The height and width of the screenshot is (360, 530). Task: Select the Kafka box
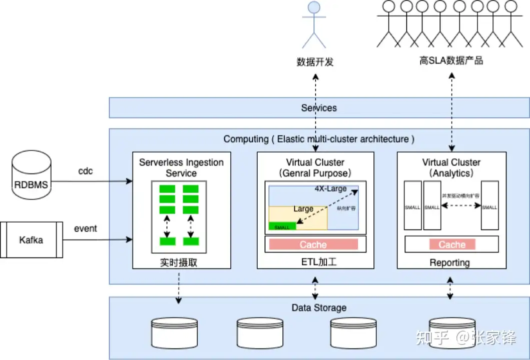tap(31, 240)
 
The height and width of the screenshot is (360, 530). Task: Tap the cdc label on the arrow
tap(86, 171)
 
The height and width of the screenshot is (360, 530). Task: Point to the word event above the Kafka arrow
tap(86, 228)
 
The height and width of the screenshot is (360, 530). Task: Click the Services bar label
tap(319, 108)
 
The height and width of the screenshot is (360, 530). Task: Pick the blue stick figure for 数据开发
tap(313, 25)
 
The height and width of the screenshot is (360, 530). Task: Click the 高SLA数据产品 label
tap(451, 61)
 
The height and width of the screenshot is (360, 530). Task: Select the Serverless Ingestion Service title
tap(181, 167)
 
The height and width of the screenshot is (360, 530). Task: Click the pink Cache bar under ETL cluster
tap(313, 244)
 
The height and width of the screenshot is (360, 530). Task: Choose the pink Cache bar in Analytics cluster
tap(452, 244)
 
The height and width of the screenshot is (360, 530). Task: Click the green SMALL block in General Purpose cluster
tap(282, 226)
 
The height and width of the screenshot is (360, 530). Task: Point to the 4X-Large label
tap(330, 189)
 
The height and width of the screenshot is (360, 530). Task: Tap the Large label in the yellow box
tap(303, 209)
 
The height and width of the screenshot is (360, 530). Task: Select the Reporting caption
tap(450, 262)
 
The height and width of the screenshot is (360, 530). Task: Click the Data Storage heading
tap(319, 307)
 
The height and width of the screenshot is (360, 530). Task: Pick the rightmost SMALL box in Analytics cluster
tap(490, 206)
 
